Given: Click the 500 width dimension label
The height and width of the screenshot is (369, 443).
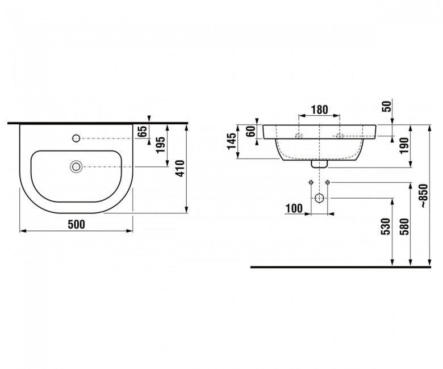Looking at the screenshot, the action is pos(76,224).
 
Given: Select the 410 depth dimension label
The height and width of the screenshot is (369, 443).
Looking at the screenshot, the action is pos(180,169).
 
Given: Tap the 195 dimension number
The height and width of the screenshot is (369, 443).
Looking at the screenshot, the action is pos(161,145).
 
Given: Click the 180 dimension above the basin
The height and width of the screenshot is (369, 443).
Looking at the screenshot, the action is pos(319,110).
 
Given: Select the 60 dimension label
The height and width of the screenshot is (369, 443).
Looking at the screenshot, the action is pos(250,131).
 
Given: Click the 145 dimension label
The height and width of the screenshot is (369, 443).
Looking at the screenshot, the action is pos(232,141).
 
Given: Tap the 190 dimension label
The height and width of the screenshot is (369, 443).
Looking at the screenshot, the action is pos(404,145).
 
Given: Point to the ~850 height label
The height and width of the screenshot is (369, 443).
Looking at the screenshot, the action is pos(424,196).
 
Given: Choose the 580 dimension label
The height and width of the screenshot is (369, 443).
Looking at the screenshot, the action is pos(404,227).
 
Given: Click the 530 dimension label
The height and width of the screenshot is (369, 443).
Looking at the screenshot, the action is pos(386,227).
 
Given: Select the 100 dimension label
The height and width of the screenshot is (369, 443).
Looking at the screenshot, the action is pos(294,209).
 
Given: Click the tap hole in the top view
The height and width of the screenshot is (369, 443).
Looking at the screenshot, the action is pos(76,138).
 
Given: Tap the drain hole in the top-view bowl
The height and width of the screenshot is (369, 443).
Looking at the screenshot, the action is pos(76,166).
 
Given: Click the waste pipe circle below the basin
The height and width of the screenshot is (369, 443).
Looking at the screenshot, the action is pos(319,198).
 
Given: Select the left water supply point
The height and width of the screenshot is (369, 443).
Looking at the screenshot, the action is pos(311,182).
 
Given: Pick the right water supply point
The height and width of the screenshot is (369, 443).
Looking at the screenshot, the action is pos(328,182).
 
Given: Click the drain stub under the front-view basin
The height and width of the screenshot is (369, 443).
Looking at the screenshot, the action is pos(319,164).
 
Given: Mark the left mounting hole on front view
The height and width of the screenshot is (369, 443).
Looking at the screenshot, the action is pos(299,136).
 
